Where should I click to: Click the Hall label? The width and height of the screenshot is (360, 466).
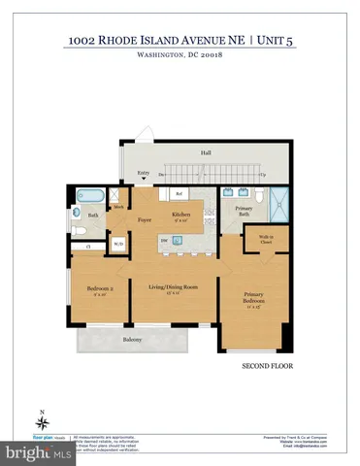point(206,152)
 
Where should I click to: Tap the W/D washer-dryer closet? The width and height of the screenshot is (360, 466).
point(118,244)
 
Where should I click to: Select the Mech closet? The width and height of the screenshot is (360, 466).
point(117,207)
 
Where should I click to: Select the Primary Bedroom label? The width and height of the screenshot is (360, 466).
point(251,302)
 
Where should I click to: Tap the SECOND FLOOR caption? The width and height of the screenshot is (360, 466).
point(260,367)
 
